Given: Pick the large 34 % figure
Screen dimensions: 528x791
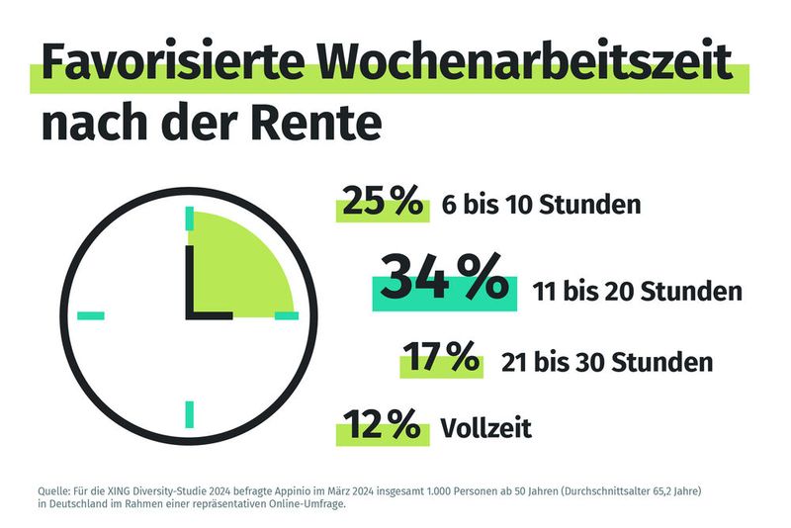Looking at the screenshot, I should click(444, 280).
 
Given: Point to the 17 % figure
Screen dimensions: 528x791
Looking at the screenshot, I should click(442, 358).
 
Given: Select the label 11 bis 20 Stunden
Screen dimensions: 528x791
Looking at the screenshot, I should click(637, 292).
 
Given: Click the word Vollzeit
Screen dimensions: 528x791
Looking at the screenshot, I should click(486, 428).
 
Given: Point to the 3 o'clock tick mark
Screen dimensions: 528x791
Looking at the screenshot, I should click(286, 315).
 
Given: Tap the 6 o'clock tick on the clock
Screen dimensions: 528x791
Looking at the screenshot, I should click(188, 412).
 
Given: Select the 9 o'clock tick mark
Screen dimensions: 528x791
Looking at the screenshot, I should click(91, 315).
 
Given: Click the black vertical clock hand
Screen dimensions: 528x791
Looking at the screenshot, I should click(188, 282).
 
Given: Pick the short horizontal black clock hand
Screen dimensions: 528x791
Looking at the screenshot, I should click(210, 315).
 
